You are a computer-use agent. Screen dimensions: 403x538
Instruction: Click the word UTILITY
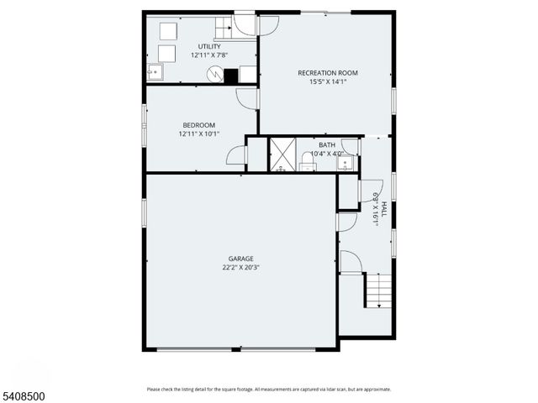point(209,46)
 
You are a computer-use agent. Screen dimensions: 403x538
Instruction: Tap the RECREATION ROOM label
point(327,73)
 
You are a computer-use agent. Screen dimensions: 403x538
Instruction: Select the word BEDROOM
point(198,125)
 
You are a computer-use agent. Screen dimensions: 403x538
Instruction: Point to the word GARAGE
point(240,259)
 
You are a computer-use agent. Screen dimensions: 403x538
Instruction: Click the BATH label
point(326,145)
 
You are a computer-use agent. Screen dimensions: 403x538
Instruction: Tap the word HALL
point(383,209)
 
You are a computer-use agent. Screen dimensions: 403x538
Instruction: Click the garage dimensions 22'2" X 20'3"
point(240,268)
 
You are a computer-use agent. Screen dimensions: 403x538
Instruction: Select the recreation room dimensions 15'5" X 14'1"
point(327,82)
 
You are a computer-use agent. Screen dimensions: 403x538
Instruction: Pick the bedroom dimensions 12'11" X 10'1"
point(198,133)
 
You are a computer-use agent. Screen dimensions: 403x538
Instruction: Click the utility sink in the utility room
point(155,72)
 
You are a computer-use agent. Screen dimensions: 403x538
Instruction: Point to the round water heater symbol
point(215,75)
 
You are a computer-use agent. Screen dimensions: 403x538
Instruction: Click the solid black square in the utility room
point(231,76)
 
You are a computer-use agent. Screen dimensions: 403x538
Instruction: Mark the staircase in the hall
point(378,290)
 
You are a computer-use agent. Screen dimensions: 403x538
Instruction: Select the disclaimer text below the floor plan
point(268,389)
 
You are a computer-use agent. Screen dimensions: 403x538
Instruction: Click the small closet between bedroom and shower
point(256,155)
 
